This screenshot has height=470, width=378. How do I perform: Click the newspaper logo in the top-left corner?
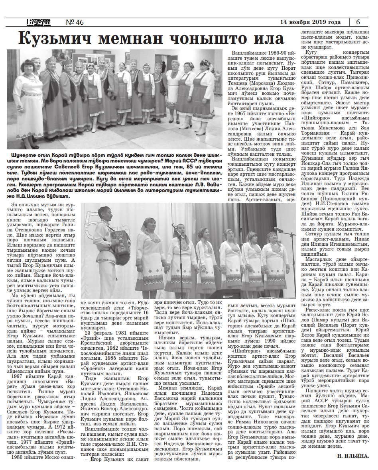click(x=38, y=22)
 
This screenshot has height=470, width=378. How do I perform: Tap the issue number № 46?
click(x=75, y=22)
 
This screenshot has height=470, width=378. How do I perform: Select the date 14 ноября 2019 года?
click(x=310, y=22)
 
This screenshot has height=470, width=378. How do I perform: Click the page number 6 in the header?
click(x=358, y=22)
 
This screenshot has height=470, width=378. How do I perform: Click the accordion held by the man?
click(x=120, y=241)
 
